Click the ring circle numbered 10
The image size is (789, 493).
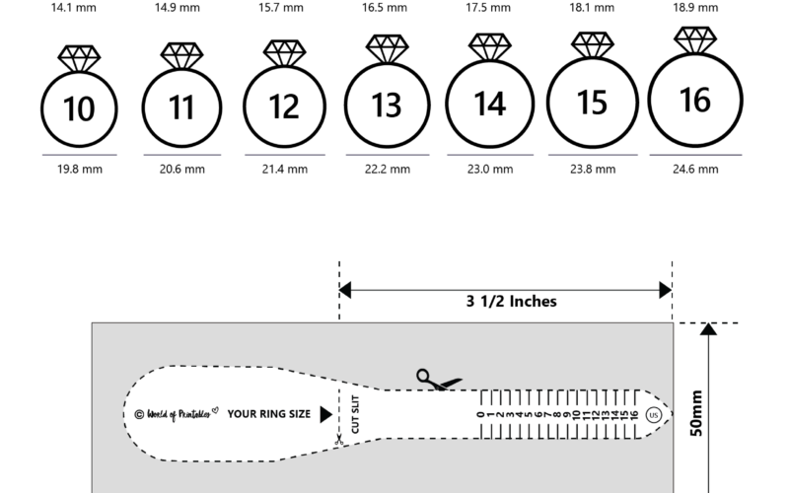(x=79, y=108)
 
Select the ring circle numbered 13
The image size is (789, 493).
(x=386, y=104)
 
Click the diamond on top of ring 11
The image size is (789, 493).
(x=181, y=55)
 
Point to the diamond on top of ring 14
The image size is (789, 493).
(x=490, y=47)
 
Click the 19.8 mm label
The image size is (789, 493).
(x=79, y=170)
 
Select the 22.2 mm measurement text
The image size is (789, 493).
(x=386, y=170)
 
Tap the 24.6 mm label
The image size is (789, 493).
(x=695, y=170)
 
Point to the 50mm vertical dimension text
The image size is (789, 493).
(x=696, y=415)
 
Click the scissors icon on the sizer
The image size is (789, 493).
(x=430, y=379)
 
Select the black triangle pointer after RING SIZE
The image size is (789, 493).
(x=325, y=414)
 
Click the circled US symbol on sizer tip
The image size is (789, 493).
(x=653, y=415)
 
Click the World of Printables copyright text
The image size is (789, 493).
(x=175, y=414)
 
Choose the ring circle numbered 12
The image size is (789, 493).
(x=284, y=106)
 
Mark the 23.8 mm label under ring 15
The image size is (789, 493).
(x=593, y=170)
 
